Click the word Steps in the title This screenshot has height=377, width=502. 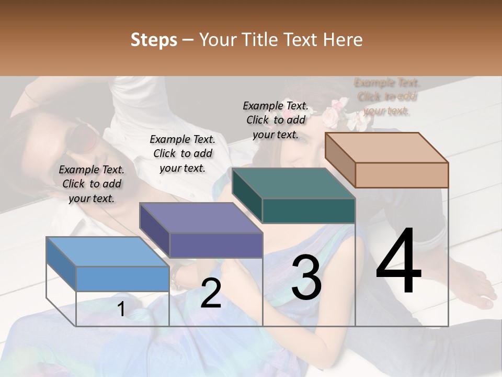[x=154, y=40]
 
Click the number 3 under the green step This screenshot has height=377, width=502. [x=306, y=278]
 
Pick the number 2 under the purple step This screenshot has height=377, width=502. [x=211, y=293]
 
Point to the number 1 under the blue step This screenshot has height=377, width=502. [x=121, y=309]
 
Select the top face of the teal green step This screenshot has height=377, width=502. [x=293, y=183]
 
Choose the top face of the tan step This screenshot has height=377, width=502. [x=387, y=148]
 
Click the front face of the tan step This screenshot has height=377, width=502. [x=402, y=175]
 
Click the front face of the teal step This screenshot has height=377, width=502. [x=308, y=210]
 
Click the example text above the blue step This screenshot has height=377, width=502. [x=92, y=184]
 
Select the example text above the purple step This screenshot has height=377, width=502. [x=182, y=153]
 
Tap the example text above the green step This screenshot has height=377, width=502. [x=276, y=120]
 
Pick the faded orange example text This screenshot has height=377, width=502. [x=387, y=96]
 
